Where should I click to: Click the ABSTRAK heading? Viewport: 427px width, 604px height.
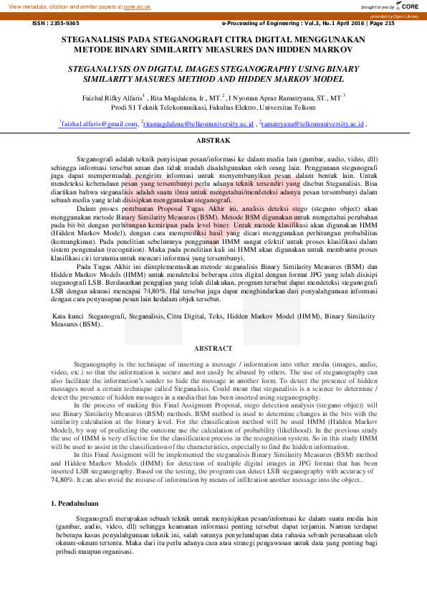coord(213,141)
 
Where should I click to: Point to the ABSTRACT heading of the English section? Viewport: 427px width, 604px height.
coord(213,349)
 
